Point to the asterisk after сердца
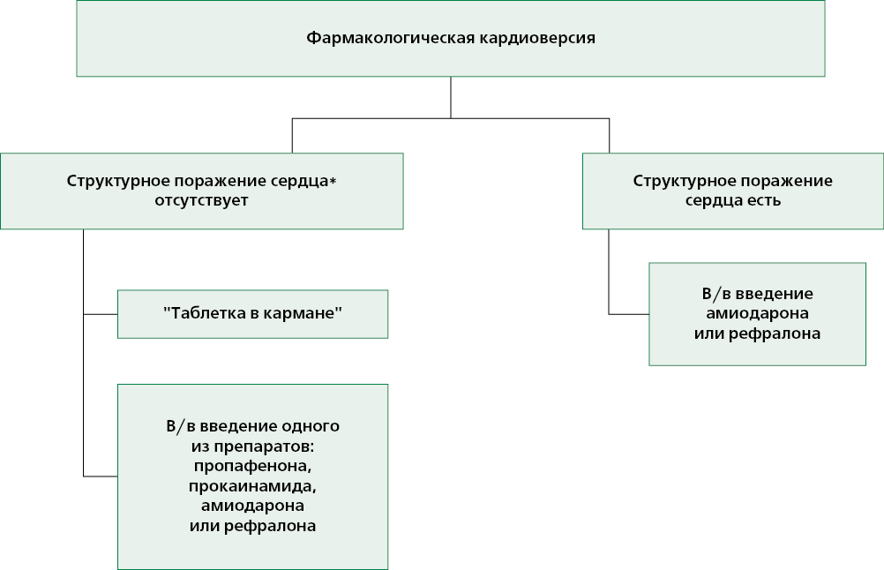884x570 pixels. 333,180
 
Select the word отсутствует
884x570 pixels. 201,200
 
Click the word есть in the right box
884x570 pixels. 766,200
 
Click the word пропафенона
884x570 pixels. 252,466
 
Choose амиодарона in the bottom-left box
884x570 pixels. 252,506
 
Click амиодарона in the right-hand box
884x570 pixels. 757,313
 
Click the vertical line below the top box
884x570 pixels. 451,98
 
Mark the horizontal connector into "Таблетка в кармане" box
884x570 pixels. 101,314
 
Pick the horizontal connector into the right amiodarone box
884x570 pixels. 629,314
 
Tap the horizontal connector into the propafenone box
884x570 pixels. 101,476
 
